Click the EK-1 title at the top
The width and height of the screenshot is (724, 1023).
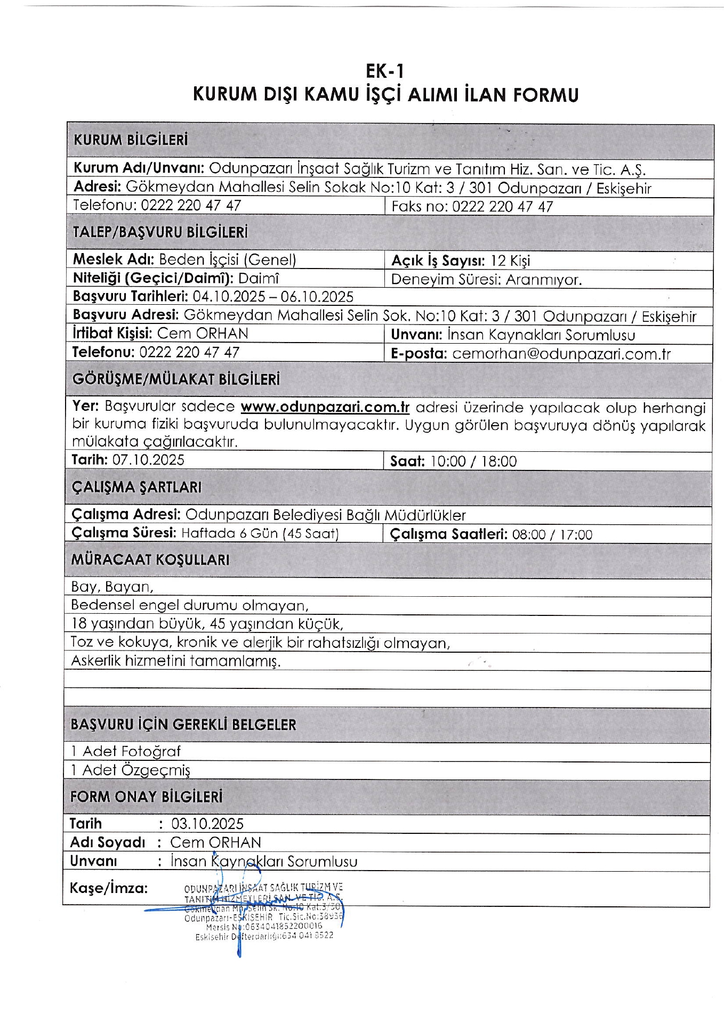click(385, 71)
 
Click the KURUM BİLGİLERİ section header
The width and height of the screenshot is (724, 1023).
click(131, 141)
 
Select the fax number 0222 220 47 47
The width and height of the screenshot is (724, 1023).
click(502, 207)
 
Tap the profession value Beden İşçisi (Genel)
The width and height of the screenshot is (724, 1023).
click(228, 260)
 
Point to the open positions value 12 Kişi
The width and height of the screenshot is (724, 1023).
click(510, 261)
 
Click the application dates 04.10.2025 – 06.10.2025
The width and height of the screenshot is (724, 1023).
click(273, 297)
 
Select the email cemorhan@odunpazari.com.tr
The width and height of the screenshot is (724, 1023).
click(561, 354)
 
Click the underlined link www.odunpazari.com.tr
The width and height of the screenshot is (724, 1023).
click(325, 407)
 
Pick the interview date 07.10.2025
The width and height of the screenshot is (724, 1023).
click(148, 460)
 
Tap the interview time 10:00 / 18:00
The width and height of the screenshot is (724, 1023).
click(473, 461)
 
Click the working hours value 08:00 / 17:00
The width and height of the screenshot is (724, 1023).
click(552, 534)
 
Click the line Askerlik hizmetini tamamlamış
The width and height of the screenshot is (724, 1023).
click(175, 661)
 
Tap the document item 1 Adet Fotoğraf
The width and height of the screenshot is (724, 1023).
click(126, 752)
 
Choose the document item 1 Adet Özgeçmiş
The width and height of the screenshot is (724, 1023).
click(131, 770)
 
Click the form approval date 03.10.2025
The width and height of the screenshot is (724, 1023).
click(207, 824)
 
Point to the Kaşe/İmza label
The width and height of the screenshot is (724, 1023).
click(109, 888)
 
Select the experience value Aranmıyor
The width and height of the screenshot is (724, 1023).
click(543, 280)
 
